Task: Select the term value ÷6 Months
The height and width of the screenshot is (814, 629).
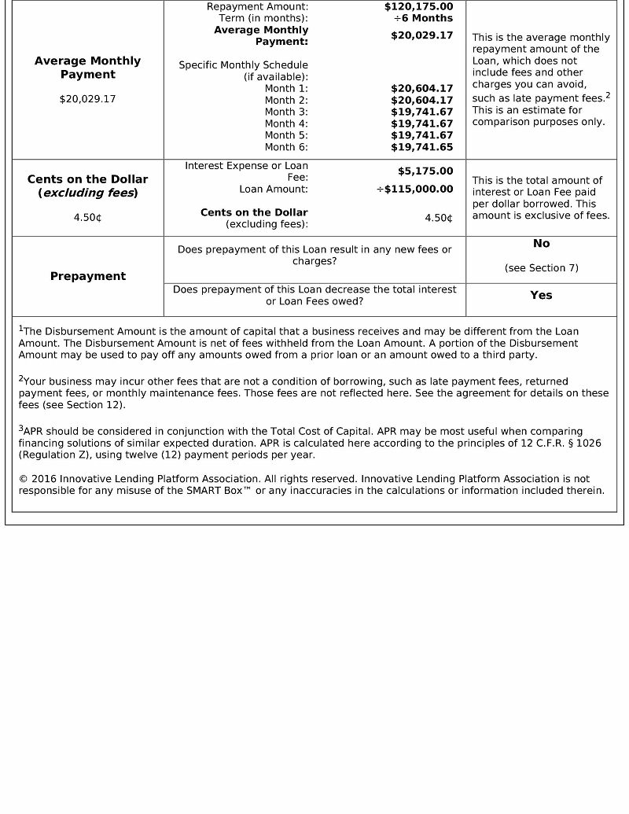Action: [x=423, y=18]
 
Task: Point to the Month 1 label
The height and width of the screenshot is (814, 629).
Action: [x=286, y=88]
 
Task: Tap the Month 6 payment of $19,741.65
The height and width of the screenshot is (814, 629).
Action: [x=421, y=147]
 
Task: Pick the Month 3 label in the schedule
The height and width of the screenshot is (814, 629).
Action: [x=286, y=112]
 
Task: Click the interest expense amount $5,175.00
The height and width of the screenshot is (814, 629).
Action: [x=425, y=171]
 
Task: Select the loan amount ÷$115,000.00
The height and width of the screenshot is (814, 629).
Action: [x=414, y=189]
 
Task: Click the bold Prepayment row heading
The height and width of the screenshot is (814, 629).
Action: [x=88, y=276]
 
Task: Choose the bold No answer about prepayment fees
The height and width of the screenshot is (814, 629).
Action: [x=541, y=244]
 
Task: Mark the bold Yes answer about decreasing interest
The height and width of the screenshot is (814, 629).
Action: [x=541, y=295]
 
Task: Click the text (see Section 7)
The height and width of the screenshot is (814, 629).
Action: [x=541, y=268]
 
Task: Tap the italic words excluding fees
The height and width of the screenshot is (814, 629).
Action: [x=88, y=193]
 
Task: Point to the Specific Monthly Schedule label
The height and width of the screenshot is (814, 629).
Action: [x=243, y=65]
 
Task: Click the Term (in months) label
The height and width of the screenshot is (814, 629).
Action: [x=263, y=18]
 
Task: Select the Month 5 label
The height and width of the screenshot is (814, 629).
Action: [x=286, y=135]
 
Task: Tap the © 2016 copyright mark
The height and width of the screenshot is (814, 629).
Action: [x=39, y=479]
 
